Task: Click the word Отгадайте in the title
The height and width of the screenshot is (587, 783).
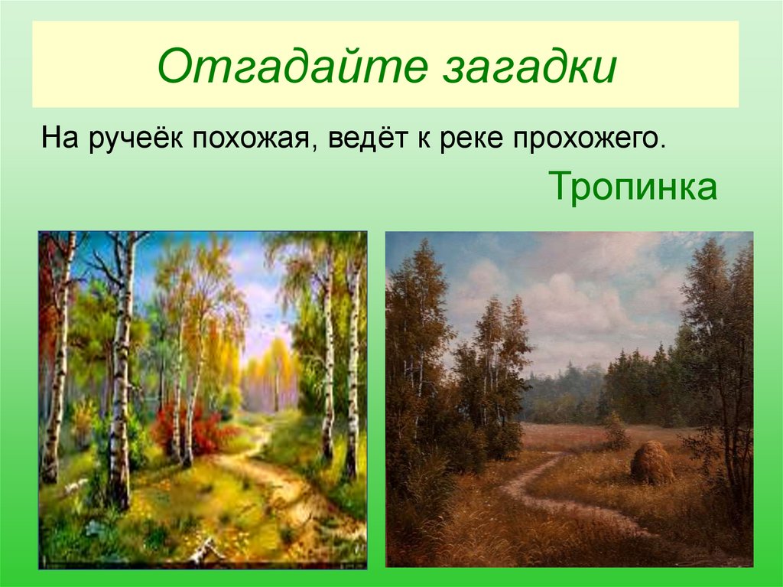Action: pos(278,66)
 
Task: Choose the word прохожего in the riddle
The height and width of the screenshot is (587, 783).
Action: pos(585,140)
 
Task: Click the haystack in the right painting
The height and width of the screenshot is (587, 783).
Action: pos(651,463)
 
